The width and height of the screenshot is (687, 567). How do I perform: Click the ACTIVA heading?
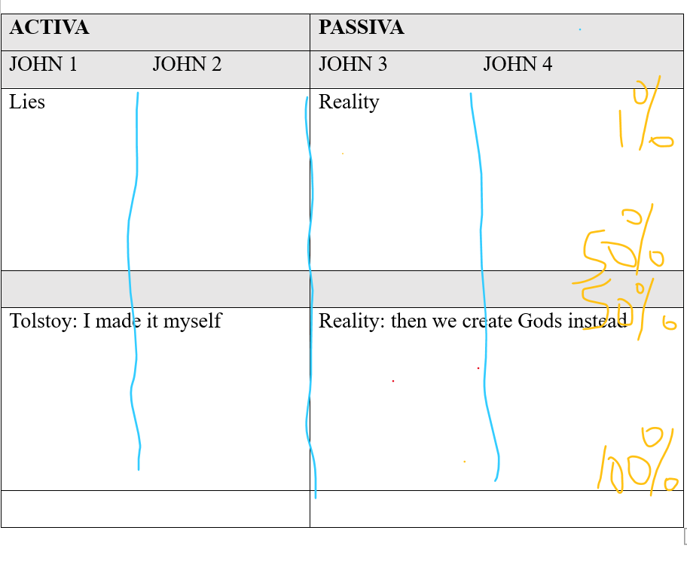(x=49, y=28)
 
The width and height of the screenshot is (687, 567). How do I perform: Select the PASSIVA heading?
(x=361, y=28)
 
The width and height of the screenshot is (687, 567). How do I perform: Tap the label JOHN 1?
(x=43, y=65)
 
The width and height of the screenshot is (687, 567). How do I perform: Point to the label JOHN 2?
(x=187, y=65)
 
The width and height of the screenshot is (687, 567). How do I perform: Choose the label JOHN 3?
(x=353, y=65)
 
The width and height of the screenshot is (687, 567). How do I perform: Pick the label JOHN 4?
(x=518, y=65)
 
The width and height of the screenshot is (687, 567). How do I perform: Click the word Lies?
(x=27, y=102)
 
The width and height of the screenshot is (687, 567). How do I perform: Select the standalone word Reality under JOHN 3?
(x=349, y=102)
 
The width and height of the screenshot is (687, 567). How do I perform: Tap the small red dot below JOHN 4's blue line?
(x=478, y=368)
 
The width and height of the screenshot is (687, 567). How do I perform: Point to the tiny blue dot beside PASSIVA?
(x=579, y=29)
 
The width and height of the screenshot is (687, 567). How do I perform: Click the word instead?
(x=598, y=322)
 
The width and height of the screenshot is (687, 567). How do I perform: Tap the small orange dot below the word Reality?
(x=343, y=154)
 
